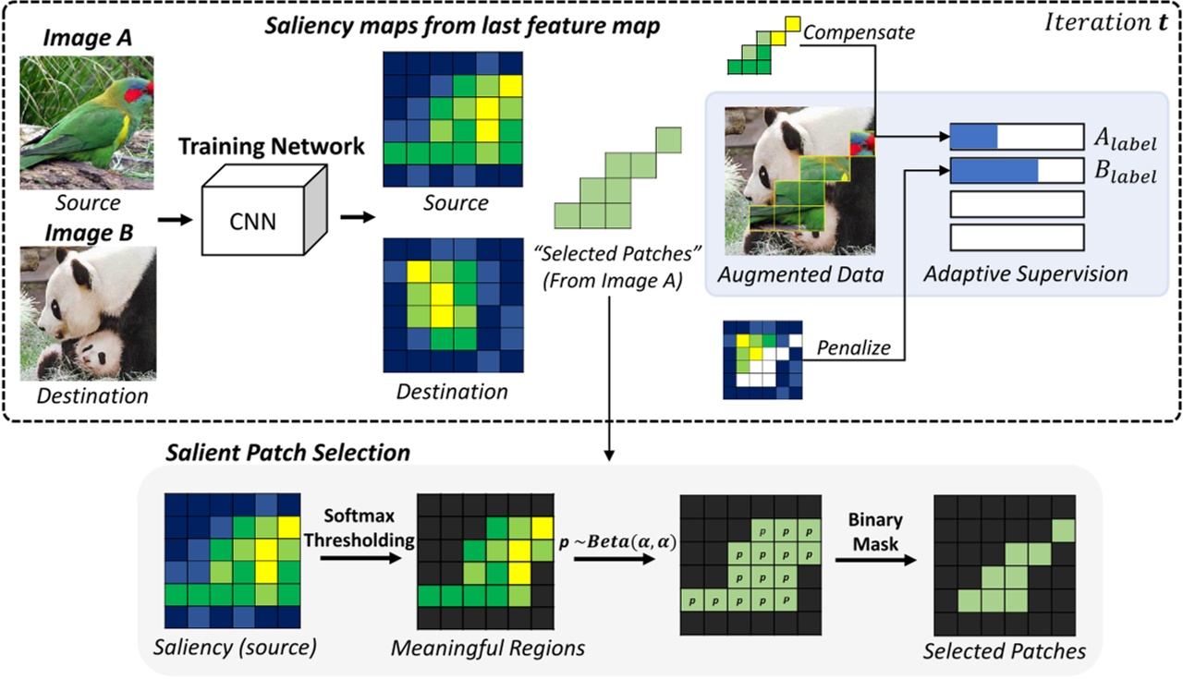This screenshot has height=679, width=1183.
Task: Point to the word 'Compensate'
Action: click(x=859, y=32)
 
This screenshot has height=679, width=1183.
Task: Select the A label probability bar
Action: click(x=1016, y=138)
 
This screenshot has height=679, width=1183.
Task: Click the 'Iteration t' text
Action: click(x=1099, y=23)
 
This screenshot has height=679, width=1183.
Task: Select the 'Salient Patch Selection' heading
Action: click(x=287, y=453)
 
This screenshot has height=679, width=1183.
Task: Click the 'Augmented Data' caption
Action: click(x=800, y=274)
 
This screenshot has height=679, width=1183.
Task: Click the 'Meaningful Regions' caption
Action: click(x=488, y=648)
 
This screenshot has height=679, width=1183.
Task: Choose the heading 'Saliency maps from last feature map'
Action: click(x=462, y=27)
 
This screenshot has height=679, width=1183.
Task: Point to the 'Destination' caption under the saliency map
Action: click(x=452, y=392)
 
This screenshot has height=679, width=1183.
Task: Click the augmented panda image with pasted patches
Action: click(x=800, y=180)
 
